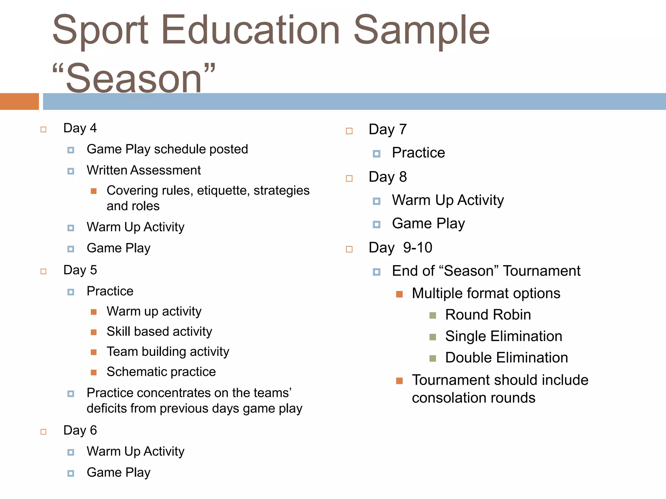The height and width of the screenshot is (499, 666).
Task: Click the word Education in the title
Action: pos(250,31)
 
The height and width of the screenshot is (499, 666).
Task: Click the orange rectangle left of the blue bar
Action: pos(19,101)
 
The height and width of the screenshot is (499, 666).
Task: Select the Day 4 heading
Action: pos(80,128)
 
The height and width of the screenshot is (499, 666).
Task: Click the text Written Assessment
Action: pos(143,170)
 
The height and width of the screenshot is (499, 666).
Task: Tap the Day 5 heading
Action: pos(80,270)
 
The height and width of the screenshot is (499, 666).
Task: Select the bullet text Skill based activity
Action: pos(159,332)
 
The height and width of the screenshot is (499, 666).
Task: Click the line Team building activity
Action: pos(168,352)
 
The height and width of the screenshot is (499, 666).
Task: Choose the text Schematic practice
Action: pos(161,372)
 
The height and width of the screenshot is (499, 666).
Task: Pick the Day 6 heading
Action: pos(80,430)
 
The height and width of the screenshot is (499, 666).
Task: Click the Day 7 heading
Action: pos(387,130)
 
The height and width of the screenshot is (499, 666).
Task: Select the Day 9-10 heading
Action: pos(400,248)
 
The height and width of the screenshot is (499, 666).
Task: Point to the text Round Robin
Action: pos(488,315)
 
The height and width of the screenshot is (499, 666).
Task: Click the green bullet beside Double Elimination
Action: pos(433,358)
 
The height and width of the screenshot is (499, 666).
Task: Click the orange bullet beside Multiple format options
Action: pos(399,294)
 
